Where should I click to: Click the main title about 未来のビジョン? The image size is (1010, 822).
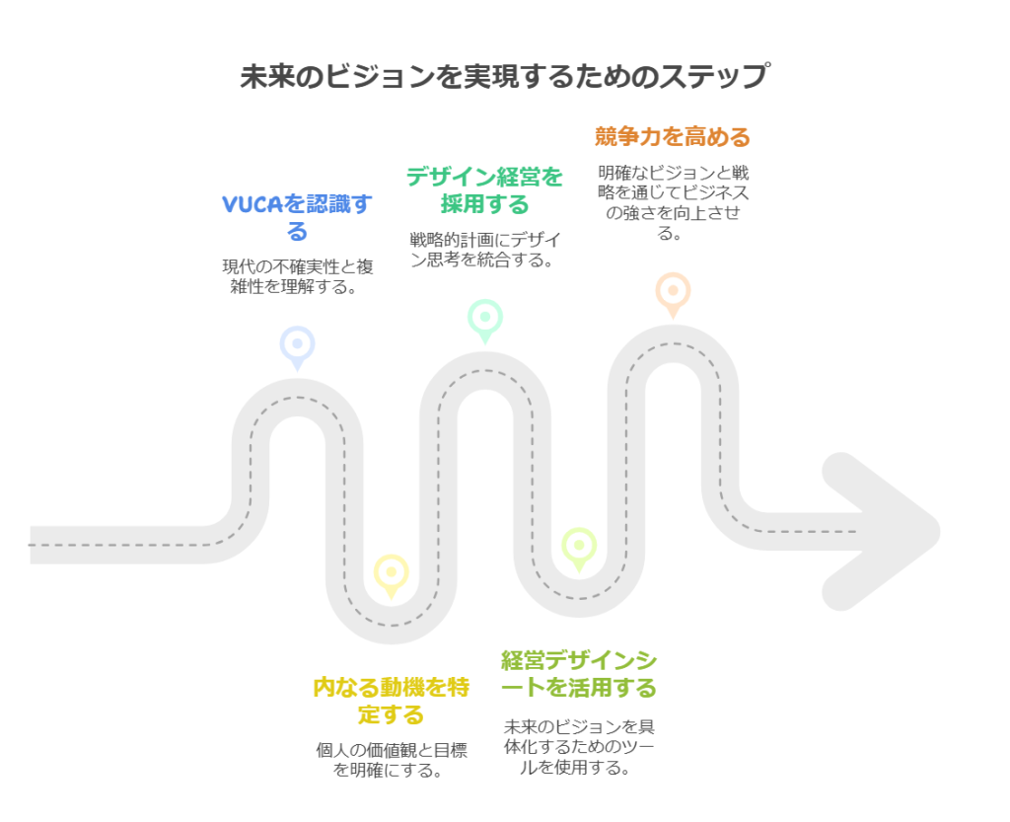click(x=504, y=76)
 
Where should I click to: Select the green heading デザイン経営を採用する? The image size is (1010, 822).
click(x=484, y=190)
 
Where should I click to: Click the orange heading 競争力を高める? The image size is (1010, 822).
click(x=673, y=136)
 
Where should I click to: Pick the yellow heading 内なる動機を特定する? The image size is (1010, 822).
click(x=391, y=700)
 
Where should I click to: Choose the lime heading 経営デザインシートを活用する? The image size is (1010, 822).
click(x=578, y=673)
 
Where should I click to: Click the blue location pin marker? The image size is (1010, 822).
click(x=297, y=345)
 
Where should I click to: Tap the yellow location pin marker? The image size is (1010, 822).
click(x=391, y=573)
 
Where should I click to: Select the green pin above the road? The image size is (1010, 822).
click(x=484, y=319)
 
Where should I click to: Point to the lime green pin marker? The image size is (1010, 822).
click(x=578, y=547)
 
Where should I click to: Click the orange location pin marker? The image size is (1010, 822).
click(x=673, y=292)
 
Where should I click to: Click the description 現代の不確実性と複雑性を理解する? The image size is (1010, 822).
click(x=297, y=276)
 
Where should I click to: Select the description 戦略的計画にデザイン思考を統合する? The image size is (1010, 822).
click(x=484, y=250)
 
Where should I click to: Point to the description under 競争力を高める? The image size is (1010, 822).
click(x=673, y=202)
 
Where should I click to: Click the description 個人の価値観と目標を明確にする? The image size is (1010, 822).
click(x=391, y=759)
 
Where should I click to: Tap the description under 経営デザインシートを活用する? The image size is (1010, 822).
click(x=578, y=746)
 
